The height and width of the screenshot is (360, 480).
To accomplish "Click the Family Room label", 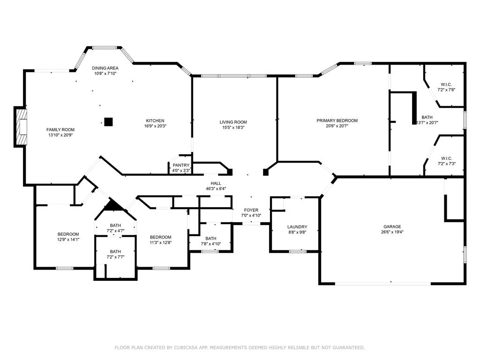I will (60, 129).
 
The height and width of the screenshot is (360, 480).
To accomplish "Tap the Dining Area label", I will (105, 68).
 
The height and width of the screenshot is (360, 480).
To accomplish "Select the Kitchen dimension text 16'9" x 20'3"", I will (155, 126).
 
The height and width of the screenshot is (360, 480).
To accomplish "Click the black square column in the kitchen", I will (108, 122).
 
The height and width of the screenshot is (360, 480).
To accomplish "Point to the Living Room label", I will (233, 122).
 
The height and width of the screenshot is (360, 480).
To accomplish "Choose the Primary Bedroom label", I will (337, 120).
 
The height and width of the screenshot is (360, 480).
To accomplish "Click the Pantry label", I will (181, 165).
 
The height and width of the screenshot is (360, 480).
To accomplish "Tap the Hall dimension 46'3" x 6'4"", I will (216, 189).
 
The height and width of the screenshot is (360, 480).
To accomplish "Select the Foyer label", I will (251, 210).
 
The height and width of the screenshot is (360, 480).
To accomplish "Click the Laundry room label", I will (297, 227).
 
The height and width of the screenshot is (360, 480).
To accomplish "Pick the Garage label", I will (392, 226).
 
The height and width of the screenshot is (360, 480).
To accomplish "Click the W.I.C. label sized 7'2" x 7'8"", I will (446, 84).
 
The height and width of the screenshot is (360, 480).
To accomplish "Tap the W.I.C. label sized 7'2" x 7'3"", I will (446, 158).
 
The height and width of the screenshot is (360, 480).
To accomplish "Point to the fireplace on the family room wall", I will (21, 127).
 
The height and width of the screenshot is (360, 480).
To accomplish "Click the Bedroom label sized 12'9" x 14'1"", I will (68, 234).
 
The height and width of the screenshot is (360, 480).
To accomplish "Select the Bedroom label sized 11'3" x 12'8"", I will (160, 237).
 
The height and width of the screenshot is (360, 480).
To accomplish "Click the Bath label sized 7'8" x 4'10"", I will (210, 238).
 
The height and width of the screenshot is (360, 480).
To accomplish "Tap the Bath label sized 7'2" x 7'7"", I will (115, 251).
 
